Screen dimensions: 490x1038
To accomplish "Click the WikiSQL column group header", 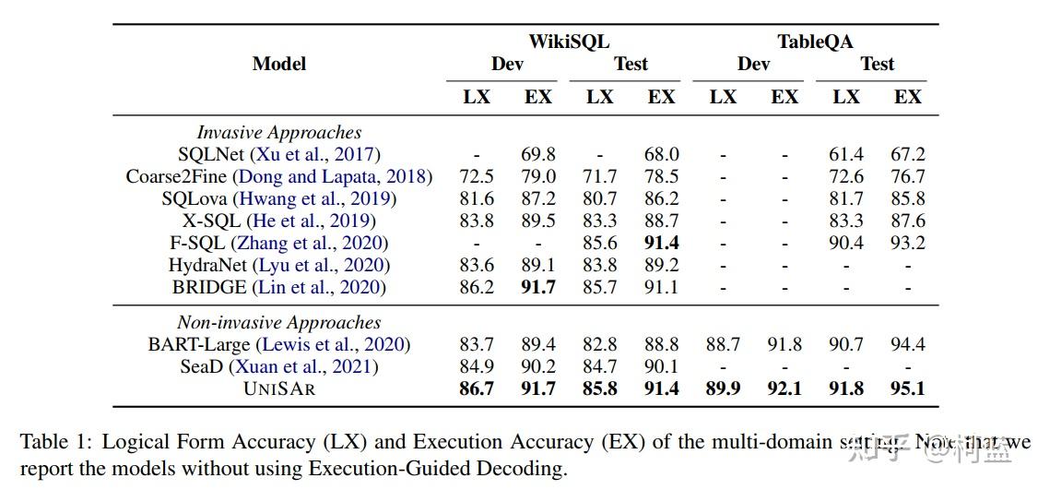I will point(568,42).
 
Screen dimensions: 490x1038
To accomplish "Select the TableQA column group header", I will point(815,42).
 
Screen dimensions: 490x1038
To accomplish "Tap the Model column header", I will point(278,64).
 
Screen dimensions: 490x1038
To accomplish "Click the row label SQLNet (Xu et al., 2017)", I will point(279,154).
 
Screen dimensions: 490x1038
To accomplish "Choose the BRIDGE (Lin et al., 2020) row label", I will point(279,287).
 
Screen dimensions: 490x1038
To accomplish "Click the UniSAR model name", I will point(279,388).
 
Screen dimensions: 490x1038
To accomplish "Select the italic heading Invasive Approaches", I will point(279,132).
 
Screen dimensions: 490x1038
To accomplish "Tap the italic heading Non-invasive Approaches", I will point(279,322).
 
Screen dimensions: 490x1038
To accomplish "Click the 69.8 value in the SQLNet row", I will point(538,154).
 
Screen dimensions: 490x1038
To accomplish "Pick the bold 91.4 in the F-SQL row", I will point(661,243).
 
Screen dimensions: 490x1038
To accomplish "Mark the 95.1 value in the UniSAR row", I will point(907,388).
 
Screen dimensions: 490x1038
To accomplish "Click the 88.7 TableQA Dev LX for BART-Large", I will point(723,344).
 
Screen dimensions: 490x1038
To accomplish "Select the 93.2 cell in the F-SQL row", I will point(907,243).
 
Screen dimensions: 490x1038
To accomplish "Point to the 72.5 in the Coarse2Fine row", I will point(477,176).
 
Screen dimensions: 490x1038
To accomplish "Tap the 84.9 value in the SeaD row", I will point(477,366).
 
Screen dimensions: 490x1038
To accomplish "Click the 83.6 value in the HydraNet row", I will point(477,265).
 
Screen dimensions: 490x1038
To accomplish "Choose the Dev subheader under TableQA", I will point(753,64).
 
